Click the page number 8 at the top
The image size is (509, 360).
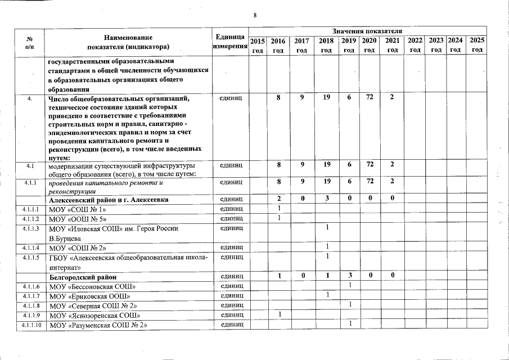tap(255, 15)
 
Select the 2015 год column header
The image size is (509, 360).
tap(258, 46)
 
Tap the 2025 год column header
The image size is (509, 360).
tap(477, 46)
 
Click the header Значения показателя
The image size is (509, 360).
tap(367, 30)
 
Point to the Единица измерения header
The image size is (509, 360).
tap(229, 41)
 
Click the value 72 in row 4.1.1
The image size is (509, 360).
tap(370, 182)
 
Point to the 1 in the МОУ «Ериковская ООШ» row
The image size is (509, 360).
tap(326, 295)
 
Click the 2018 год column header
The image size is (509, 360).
tap(326, 46)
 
